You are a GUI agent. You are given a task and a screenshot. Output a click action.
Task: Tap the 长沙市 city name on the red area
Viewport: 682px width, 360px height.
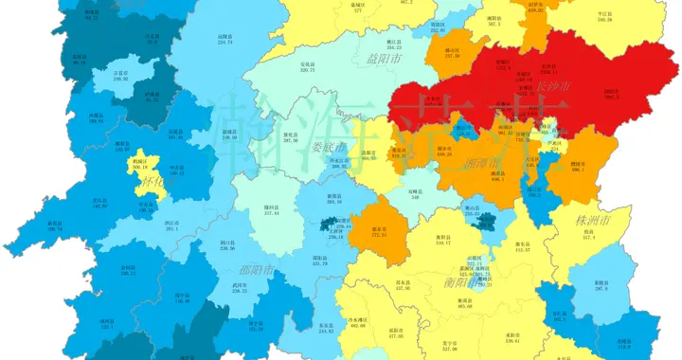[x=553, y=86]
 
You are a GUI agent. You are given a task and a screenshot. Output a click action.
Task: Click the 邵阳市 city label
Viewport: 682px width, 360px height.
[x=256, y=270]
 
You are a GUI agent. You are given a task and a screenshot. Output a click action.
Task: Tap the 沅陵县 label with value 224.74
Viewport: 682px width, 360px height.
[x=225, y=39]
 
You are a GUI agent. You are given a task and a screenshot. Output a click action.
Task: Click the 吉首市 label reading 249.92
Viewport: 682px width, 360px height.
[x=120, y=76]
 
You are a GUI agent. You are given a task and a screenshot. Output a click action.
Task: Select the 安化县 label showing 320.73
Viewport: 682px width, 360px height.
[x=307, y=67]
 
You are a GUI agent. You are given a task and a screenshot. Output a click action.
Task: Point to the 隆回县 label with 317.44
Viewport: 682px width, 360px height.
[x=244, y=210]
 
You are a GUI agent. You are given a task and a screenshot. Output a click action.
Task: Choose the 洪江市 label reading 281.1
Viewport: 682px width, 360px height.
[x=171, y=226]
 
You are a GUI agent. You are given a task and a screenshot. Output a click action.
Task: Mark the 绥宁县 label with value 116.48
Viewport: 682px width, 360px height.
[x=182, y=298]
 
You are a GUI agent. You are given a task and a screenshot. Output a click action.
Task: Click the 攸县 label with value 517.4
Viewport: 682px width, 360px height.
[x=587, y=236]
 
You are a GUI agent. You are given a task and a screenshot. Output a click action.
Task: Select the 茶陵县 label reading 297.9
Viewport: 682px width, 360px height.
[x=601, y=285]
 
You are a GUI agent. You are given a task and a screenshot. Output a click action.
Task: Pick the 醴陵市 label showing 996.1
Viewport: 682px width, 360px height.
[x=577, y=168]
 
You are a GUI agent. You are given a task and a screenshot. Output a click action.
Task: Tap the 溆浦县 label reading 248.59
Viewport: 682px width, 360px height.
[x=230, y=135]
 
